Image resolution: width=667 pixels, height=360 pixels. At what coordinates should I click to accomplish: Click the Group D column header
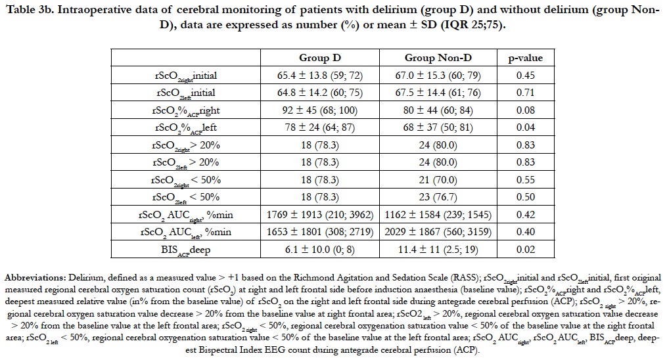click(320, 58)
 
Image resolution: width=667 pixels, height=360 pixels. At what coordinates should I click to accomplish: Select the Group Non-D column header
click(438, 58)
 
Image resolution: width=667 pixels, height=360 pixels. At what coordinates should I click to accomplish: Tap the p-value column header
click(525, 58)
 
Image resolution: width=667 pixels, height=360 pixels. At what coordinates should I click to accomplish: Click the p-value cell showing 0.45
click(525, 76)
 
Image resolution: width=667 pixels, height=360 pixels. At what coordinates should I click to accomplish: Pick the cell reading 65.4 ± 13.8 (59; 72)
click(320, 76)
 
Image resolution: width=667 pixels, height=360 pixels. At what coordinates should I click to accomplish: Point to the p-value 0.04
click(525, 127)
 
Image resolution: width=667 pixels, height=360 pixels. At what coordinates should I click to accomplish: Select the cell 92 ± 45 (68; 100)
click(320, 110)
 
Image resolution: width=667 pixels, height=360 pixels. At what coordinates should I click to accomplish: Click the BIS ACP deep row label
click(185, 250)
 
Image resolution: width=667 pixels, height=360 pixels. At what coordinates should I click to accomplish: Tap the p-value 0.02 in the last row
click(525, 250)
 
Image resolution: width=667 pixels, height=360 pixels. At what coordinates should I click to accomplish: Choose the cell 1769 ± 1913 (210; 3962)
click(320, 215)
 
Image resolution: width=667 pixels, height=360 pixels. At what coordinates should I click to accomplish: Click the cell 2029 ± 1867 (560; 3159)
click(438, 232)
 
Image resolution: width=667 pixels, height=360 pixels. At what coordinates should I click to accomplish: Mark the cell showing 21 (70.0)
click(438, 180)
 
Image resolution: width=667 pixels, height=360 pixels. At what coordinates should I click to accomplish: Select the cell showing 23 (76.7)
click(438, 197)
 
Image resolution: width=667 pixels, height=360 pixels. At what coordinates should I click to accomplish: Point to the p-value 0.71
click(525, 92)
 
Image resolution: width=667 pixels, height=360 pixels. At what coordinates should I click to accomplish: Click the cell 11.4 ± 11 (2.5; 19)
click(438, 250)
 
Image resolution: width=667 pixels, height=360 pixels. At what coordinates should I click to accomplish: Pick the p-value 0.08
click(525, 110)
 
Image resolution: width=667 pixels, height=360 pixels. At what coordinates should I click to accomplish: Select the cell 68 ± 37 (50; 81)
click(438, 127)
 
